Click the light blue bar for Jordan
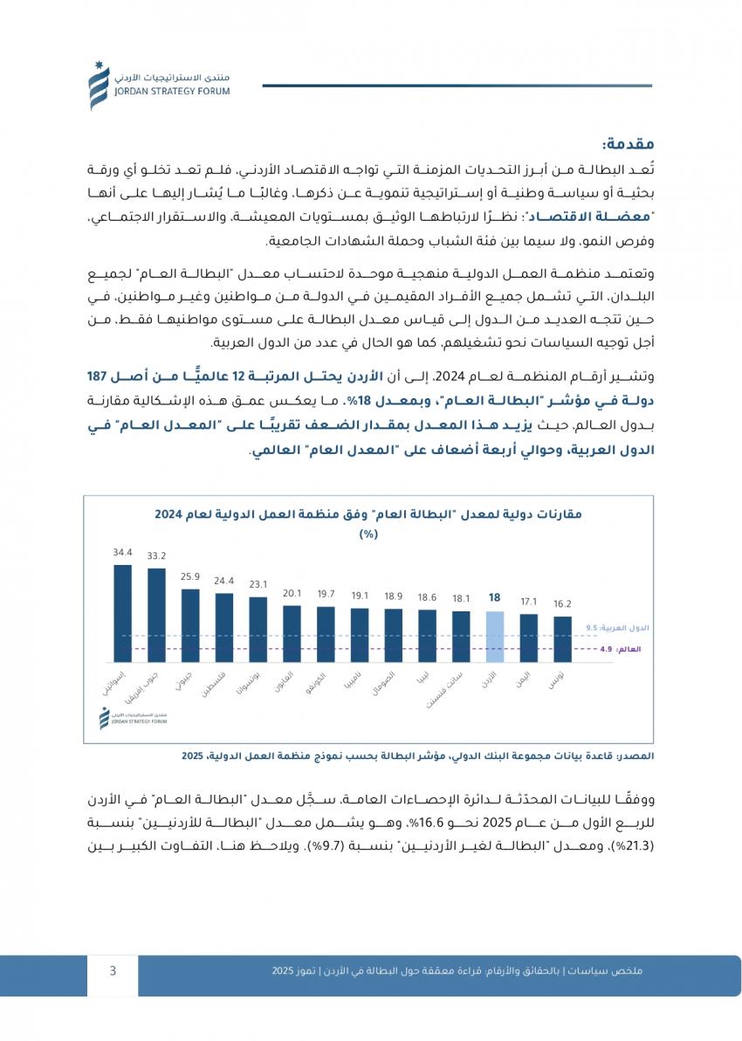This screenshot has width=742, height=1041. coord(495,638)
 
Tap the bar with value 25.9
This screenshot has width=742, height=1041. coord(190,625)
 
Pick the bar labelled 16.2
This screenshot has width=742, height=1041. coord(563,640)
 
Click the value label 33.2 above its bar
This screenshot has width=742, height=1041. coord(157,555)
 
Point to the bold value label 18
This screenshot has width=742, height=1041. coord(495,598)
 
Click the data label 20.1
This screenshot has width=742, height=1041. coord(292,593)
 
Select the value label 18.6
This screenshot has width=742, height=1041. coord(427,597)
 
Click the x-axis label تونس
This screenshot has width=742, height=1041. coord(555,678)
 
